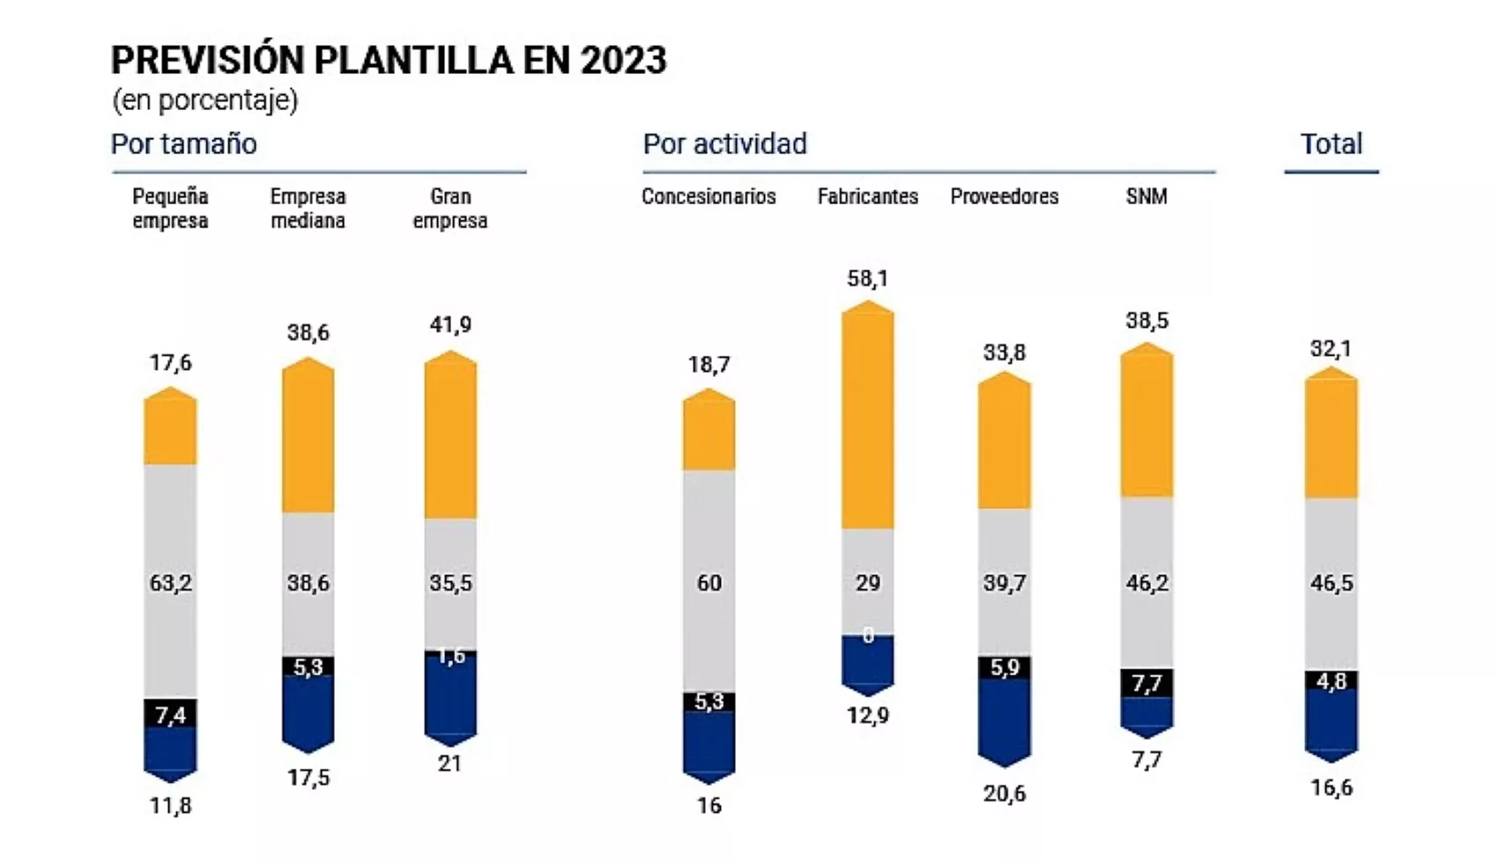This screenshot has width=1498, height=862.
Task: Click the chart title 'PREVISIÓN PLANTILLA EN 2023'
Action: (x=389, y=60)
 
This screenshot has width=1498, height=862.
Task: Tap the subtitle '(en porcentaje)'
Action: (x=204, y=100)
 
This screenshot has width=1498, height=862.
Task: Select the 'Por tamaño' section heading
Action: (x=183, y=144)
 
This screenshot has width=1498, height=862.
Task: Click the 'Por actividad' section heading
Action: (x=724, y=144)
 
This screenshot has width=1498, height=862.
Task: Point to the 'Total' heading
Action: (x=1331, y=144)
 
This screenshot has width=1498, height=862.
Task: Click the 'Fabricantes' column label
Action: (x=867, y=196)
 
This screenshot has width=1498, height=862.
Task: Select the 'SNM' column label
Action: (x=1146, y=196)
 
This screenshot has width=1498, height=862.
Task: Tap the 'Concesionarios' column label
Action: (x=708, y=196)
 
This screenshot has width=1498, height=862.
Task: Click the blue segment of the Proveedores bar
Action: (x=1004, y=718)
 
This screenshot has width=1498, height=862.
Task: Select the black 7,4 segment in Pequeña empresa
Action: (x=170, y=713)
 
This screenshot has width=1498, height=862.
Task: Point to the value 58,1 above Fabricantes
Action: (x=867, y=279)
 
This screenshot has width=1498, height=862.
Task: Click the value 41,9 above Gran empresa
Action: (x=450, y=325)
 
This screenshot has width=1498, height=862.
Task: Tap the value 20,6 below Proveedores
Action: (x=1004, y=793)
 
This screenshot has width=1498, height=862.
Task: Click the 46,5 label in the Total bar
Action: (x=1331, y=583)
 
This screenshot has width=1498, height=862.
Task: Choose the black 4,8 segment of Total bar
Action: (x=1331, y=681)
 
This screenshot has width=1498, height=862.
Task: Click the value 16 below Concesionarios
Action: (x=708, y=805)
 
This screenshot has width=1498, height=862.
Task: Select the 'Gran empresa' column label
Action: (x=450, y=209)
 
